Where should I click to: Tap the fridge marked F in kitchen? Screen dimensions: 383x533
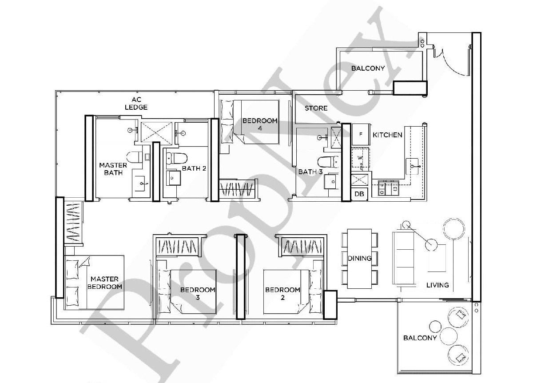(361, 134)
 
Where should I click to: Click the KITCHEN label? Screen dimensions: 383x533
(387, 135)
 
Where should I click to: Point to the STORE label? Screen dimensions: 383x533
(316, 108)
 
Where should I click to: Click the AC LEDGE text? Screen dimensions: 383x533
(136, 104)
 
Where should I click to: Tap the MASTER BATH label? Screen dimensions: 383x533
(113, 168)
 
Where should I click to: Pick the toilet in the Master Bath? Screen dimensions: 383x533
(134, 157)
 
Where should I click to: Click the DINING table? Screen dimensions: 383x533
(359, 258)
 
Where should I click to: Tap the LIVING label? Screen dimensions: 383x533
(438, 285)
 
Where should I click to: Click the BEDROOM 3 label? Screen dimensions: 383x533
(198, 293)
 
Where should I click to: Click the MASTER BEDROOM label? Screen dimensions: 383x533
(105, 283)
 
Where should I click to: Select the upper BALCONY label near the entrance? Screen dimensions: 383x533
(368, 68)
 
